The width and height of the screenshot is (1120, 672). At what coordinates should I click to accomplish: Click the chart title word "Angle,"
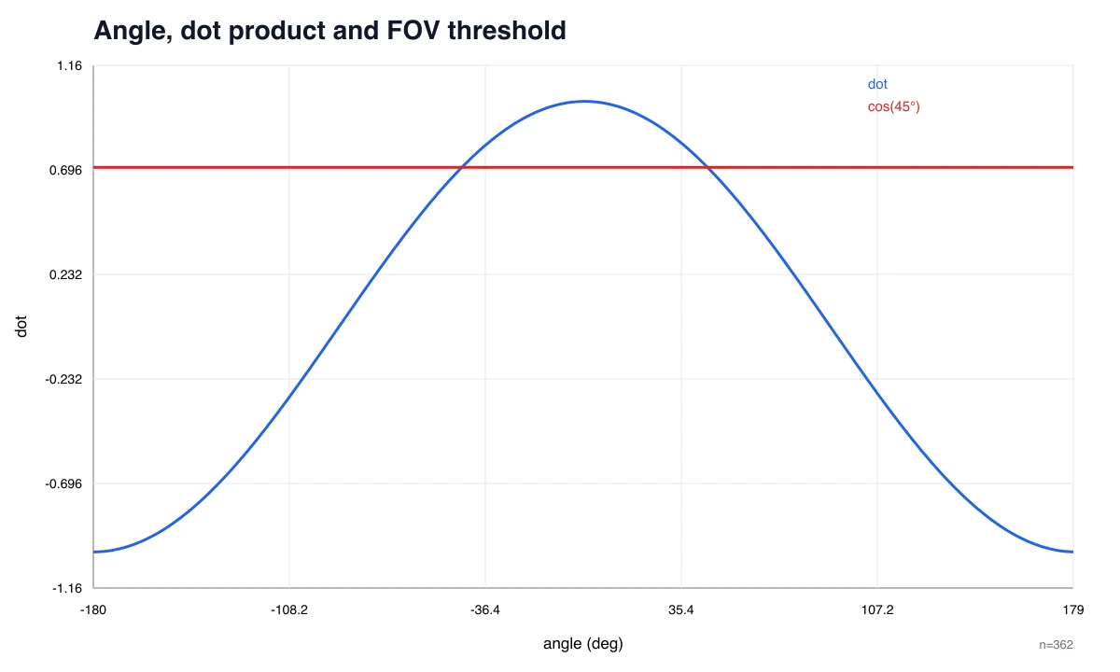tap(133, 31)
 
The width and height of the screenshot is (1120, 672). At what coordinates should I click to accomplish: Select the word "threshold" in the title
tap(507, 30)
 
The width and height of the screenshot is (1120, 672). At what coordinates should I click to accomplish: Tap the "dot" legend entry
tap(877, 84)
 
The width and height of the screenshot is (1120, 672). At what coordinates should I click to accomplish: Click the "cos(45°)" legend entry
tap(893, 106)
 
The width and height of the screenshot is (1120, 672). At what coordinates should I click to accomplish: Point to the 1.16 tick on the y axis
tap(69, 65)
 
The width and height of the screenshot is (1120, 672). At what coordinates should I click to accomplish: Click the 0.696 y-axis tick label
tap(65, 170)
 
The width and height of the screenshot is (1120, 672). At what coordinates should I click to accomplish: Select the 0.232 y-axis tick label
tap(65, 274)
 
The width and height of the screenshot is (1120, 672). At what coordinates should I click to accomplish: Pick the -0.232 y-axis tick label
tap(63, 379)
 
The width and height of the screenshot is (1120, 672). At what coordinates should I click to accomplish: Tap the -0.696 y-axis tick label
tap(63, 483)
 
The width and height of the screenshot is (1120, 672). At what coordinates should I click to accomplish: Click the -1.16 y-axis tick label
tap(67, 588)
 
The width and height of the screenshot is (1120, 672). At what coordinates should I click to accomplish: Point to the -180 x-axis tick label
tap(93, 610)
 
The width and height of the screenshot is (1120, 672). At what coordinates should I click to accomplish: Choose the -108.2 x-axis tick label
tap(289, 610)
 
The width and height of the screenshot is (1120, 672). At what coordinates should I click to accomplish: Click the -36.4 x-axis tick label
tap(485, 610)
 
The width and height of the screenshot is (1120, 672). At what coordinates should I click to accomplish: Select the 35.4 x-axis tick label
tap(681, 610)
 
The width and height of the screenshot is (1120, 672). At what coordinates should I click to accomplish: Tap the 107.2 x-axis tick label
tap(877, 610)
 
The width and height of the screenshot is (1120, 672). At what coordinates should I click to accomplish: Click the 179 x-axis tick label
tap(1073, 610)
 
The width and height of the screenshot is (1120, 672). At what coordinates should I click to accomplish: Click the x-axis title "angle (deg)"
tap(583, 644)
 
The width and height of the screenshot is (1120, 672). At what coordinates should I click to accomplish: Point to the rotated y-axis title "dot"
tap(21, 327)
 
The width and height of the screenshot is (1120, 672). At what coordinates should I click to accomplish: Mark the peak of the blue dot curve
tap(584, 102)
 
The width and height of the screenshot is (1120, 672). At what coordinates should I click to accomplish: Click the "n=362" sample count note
tap(1056, 645)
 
